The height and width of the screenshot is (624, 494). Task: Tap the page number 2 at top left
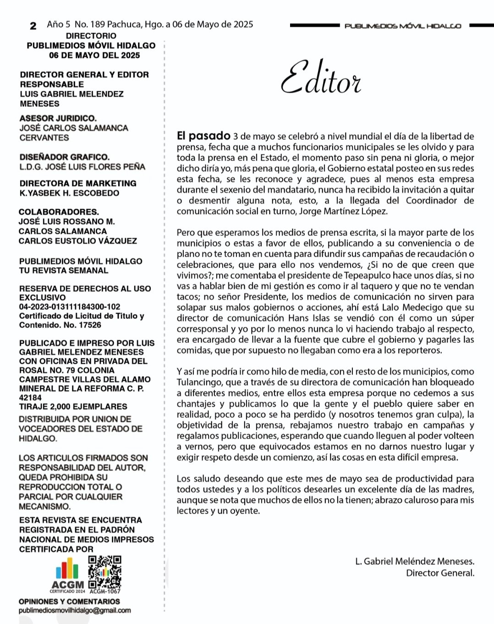33,26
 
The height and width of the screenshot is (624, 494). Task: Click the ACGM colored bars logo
67,568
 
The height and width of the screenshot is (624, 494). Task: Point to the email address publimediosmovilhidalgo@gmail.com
75,610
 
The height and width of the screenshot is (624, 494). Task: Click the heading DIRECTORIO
91,36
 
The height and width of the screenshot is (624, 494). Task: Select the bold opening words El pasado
203,136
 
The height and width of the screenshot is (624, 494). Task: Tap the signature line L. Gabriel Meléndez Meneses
414,561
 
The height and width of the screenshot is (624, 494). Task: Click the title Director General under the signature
440,573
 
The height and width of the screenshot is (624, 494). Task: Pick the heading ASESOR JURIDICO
58,118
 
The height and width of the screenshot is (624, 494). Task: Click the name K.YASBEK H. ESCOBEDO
69,193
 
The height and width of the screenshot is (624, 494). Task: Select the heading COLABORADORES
59,212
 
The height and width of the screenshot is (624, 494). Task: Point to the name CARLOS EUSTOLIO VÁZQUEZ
77,241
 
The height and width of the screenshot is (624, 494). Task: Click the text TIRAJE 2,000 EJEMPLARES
73,406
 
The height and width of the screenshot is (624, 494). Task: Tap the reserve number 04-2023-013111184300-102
69,307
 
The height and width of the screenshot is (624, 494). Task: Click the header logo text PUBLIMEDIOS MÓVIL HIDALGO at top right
402,26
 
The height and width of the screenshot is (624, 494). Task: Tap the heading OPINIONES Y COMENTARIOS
69,601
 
